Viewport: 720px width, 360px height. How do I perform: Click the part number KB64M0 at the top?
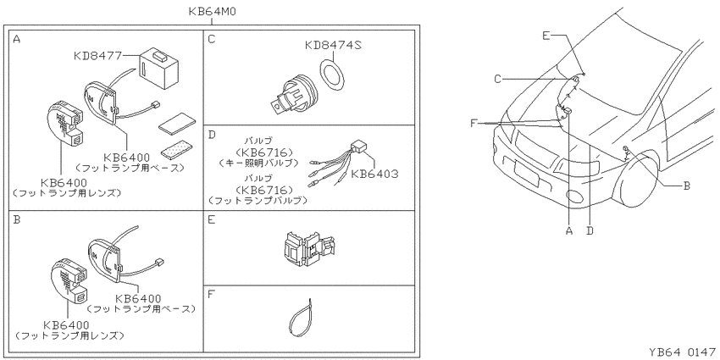(x=213, y=12)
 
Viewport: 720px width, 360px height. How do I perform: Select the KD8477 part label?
(x=97, y=56)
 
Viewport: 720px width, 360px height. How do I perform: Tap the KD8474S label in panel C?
(x=333, y=45)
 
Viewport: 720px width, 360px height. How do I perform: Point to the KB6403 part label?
(x=374, y=174)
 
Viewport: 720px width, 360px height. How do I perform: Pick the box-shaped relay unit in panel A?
(x=158, y=68)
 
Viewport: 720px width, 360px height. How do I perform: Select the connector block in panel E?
(x=307, y=249)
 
